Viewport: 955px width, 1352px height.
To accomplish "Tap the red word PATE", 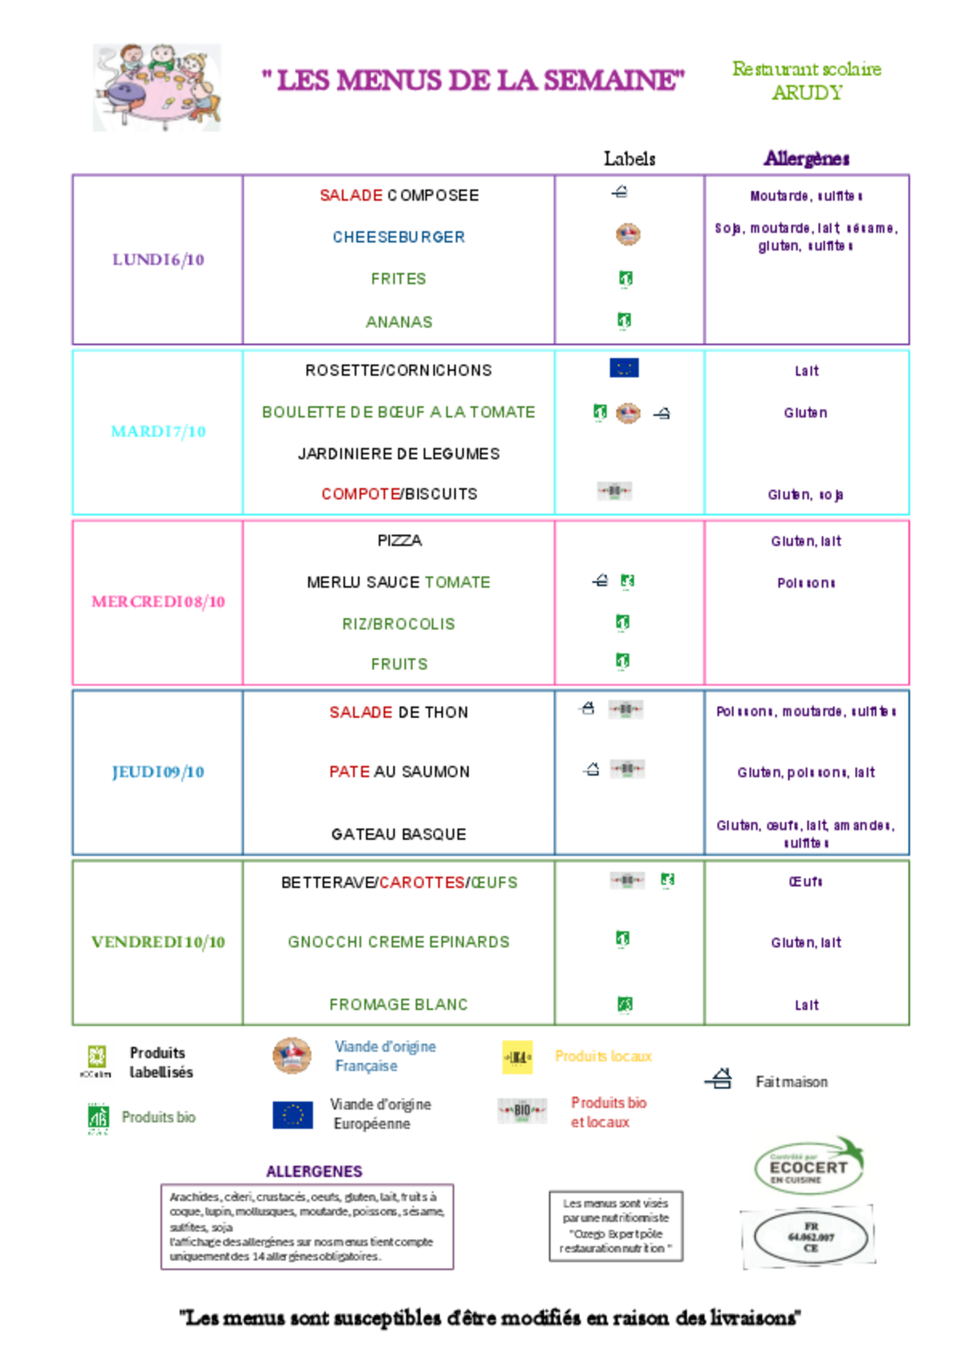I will tap(349, 772).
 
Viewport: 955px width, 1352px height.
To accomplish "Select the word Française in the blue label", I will tap(366, 1066).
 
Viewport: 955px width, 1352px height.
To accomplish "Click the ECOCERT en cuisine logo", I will tap(810, 1166).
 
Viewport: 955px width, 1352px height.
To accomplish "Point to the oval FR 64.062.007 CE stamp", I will tap(809, 1237).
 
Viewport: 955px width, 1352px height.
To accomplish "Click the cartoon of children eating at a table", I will tap(157, 87).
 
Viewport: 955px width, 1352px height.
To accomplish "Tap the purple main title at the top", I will tap(473, 81).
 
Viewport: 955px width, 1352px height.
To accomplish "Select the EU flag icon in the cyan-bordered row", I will tap(624, 368).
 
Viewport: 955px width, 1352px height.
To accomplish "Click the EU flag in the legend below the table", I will tap(292, 1115).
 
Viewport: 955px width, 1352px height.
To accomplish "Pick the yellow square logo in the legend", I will tap(517, 1057).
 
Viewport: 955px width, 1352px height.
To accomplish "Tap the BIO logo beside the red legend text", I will tap(522, 1111).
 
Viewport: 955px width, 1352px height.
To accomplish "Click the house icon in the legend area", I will tap(722, 1080).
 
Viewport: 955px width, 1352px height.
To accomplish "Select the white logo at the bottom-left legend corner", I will tap(96, 1062).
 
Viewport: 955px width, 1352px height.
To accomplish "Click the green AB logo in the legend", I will tap(98, 1117).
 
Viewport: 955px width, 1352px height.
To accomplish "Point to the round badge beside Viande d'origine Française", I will tap(292, 1056).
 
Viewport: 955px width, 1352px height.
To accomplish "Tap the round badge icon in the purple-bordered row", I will tap(628, 235).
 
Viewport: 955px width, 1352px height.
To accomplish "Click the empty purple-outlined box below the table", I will tap(307, 1227).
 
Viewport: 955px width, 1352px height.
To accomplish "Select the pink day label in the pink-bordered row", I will tap(158, 602).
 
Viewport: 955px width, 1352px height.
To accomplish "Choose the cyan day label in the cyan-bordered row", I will tap(158, 431).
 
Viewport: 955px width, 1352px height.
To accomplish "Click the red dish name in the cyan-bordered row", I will tap(360, 494).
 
